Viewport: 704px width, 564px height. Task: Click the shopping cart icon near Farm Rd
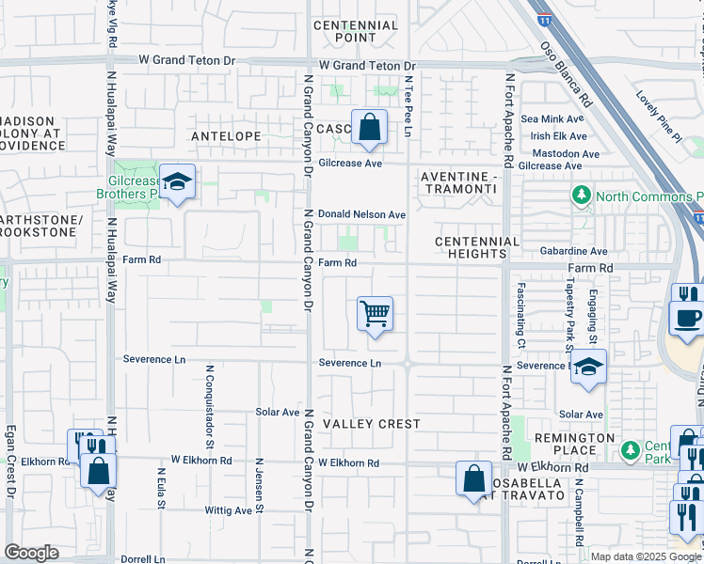(375, 313)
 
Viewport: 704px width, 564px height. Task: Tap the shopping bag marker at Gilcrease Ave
(369, 126)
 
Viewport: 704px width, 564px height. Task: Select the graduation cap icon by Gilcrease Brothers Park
(176, 182)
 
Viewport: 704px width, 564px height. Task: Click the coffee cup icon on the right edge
(687, 315)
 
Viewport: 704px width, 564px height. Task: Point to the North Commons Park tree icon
(582, 196)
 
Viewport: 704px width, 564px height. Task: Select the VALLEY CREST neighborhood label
(372, 424)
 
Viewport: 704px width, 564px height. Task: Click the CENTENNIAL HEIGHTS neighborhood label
(477, 248)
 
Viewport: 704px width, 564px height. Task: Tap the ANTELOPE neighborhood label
(226, 136)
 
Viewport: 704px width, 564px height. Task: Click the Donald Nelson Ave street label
(361, 214)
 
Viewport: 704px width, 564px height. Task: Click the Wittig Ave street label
(230, 510)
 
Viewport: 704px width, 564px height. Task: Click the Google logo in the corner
(31, 553)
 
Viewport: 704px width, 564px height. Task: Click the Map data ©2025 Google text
(645, 556)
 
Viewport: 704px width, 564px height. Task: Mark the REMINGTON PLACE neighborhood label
(574, 446)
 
